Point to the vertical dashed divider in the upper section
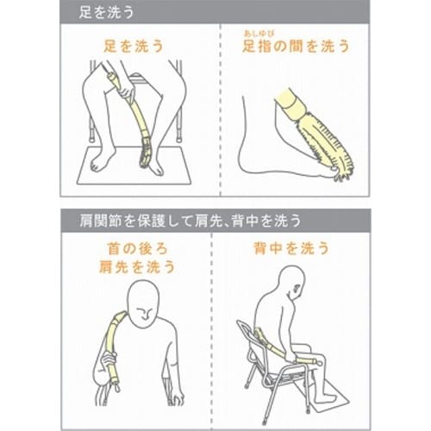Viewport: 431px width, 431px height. tap(215, 121)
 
